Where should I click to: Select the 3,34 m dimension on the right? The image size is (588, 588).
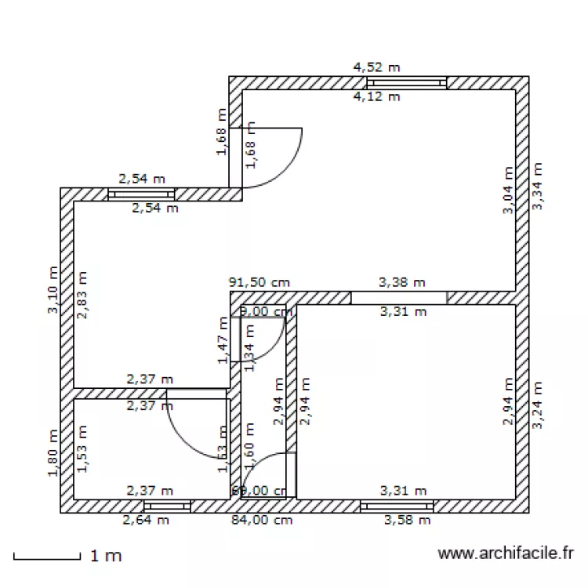[537, 187]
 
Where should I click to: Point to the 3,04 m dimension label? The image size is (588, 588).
[509, 190]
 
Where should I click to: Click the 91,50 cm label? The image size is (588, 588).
[259, 281]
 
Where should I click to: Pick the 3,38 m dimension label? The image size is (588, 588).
[402, 281]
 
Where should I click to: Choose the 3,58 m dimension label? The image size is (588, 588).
[407, 520]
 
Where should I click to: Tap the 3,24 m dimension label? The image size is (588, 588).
[537, 405]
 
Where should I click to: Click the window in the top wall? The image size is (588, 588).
[407, 82]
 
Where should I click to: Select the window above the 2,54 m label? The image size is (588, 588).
[141, 194]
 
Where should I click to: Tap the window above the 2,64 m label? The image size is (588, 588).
[166, 506]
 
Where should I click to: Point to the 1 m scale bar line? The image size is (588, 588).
[47, 557]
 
